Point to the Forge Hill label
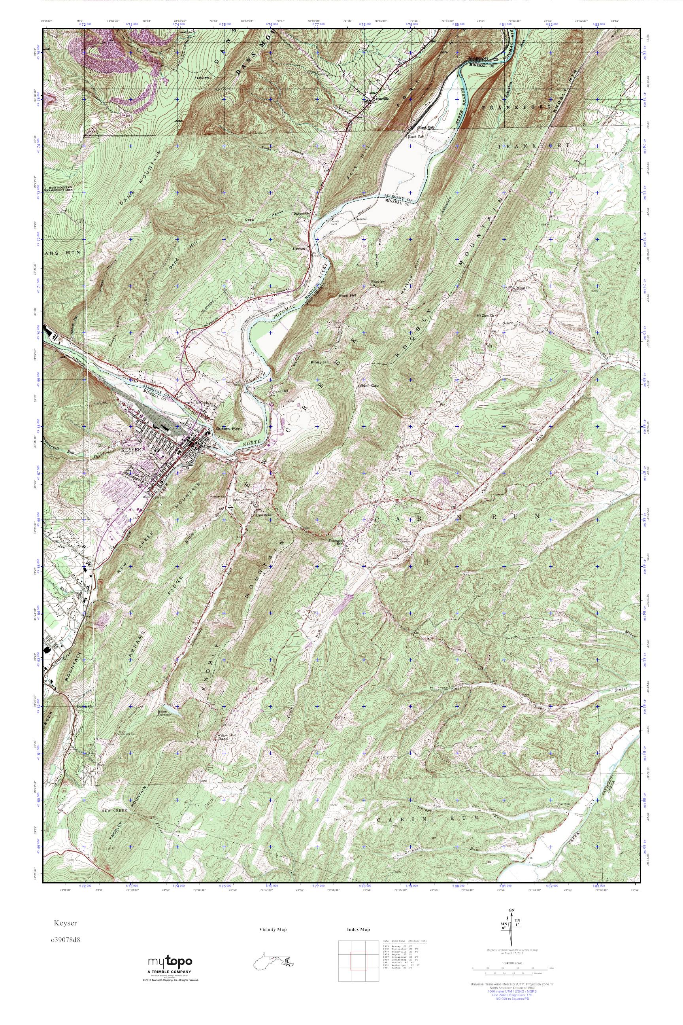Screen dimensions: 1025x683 (x=280, y=391)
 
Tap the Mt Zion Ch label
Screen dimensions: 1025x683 (x=487, y=315)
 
